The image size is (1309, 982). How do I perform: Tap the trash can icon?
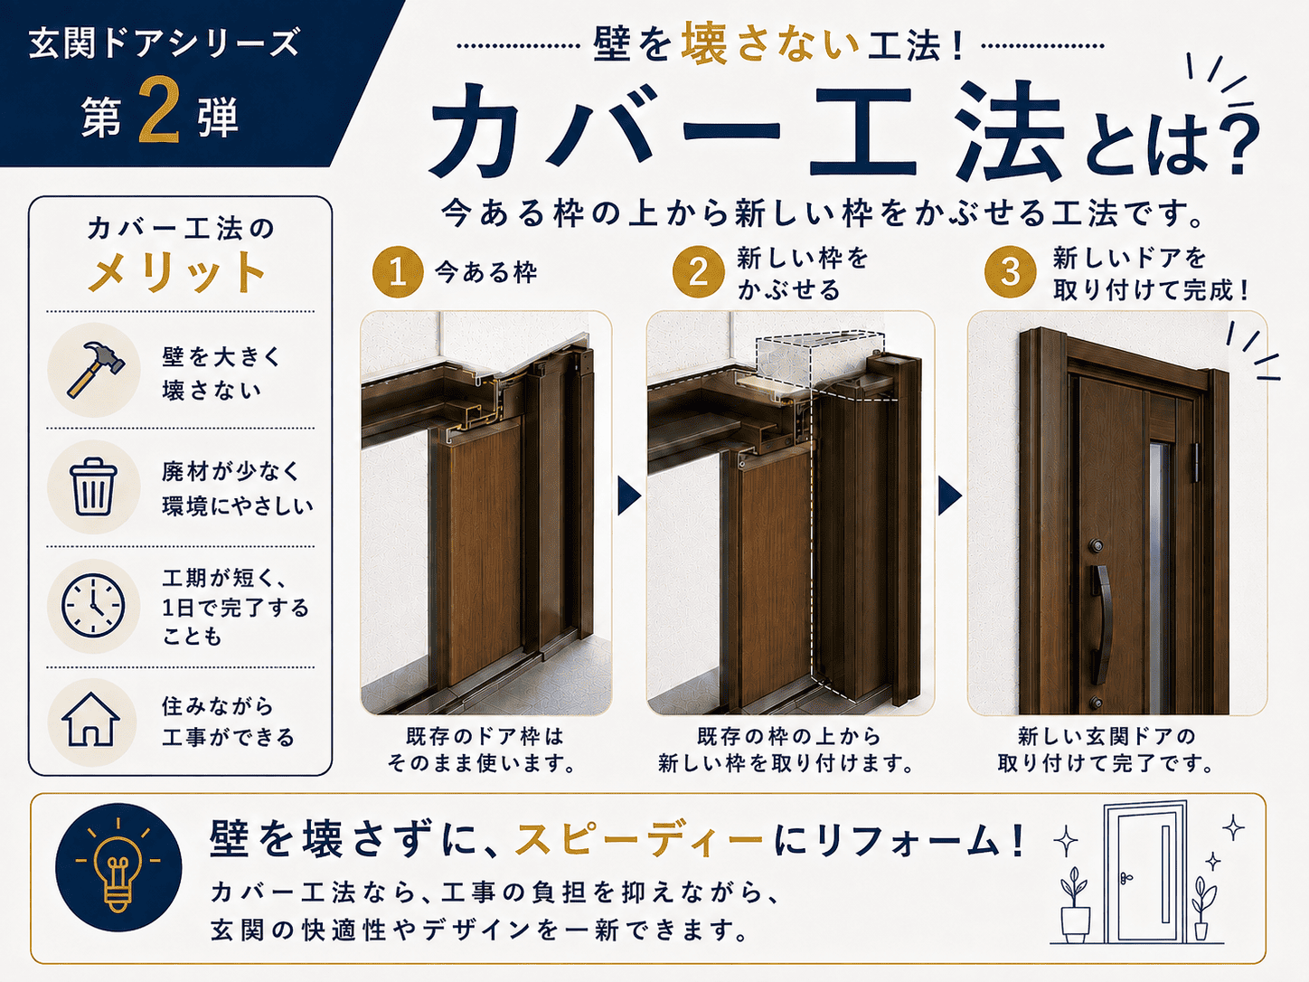(93, 487)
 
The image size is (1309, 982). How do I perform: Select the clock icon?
(94, 605)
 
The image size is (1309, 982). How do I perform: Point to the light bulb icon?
(118, 867)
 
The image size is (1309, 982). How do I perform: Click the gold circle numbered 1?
(398, 272)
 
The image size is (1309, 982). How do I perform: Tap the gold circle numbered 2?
(698, 272)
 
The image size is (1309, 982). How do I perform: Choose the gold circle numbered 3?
(1010, 272)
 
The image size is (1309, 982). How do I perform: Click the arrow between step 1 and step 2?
(628, 496)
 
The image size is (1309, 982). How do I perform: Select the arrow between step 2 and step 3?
(949, 496)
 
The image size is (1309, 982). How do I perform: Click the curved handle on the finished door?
(1101, 625)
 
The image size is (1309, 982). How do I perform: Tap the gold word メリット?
(176, 272)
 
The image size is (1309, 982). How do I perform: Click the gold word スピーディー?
(639, 839)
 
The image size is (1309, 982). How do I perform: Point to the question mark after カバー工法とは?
(1233, 147)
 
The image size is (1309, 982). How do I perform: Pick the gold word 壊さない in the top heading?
(770, 44)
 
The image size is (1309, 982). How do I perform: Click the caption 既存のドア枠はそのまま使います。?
(483, 751)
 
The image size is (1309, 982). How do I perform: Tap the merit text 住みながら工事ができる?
(229, 722)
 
